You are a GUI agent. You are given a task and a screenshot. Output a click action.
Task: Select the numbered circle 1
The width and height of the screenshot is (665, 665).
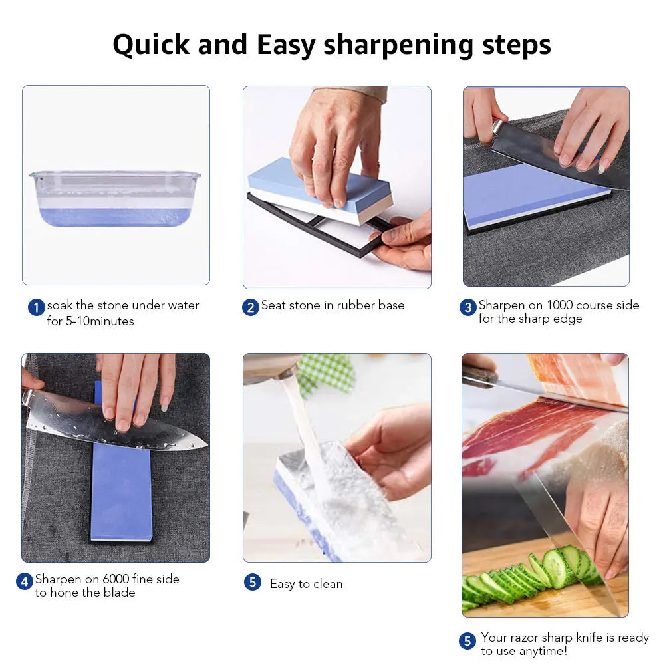coord(36,307)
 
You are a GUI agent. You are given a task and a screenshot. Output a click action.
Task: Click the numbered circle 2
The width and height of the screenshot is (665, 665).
coord(251,307)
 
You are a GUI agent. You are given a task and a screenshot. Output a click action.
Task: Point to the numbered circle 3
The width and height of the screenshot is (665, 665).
coord(468,307)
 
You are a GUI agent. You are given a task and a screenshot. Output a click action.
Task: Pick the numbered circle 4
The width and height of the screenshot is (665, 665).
coord(25,581)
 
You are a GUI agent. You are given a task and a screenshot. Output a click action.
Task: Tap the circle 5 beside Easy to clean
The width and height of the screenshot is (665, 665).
coord(252,583)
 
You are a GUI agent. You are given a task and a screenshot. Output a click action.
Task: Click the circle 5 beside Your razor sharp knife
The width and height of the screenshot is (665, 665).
coord(467,641)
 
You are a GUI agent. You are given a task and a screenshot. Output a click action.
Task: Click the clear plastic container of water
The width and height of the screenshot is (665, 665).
coord(114,198)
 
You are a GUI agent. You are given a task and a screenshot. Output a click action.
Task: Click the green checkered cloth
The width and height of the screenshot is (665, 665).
coord(327,372)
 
